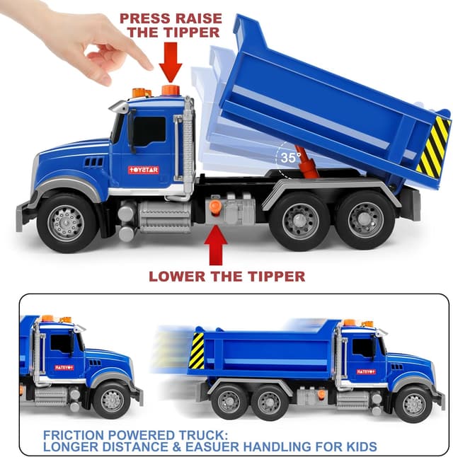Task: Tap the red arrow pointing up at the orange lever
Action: click(217, 245)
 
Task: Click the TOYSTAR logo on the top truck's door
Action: click(144, 170)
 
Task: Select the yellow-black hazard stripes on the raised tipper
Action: click(432, 147)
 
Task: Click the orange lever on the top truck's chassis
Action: click(215, 207)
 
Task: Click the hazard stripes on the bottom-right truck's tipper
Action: click(196, 352)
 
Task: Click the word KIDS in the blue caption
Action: click(359, 446)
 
